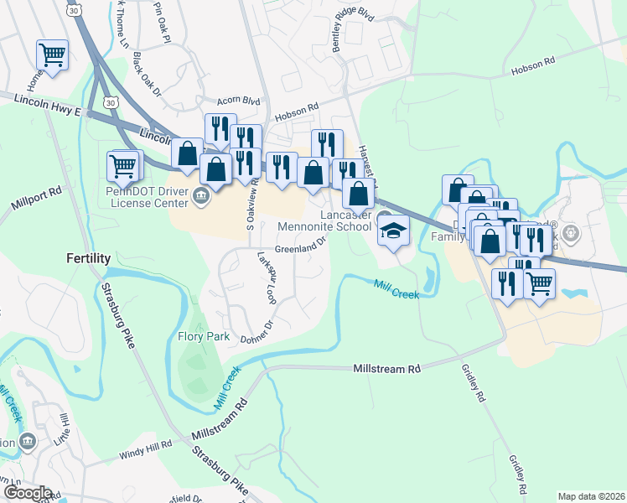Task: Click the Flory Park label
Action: [204, 337]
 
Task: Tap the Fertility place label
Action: [89, 259]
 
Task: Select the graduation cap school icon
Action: [391, 229]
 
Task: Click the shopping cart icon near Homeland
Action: [52, 55]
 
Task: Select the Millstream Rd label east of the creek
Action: [387, 369]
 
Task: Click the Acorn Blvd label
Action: [235, 100]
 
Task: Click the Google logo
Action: [27, 493]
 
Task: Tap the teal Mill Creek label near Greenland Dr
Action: [396, 290]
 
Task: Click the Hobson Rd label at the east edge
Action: [534, 63]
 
